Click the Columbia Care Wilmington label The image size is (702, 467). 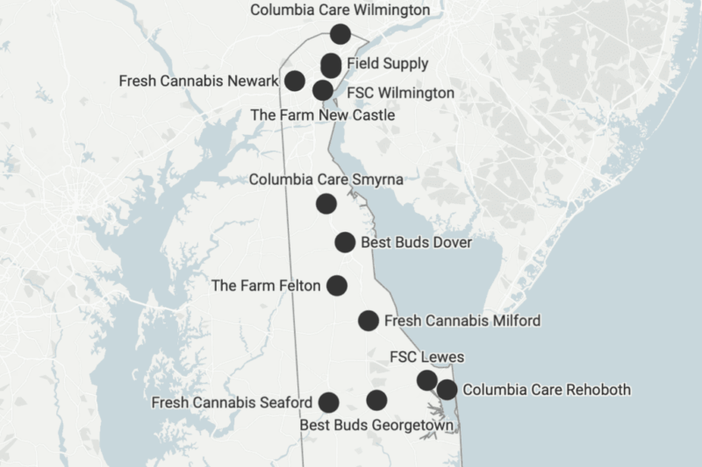click(x=340, y=11)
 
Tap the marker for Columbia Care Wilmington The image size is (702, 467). click(x=340, y=34)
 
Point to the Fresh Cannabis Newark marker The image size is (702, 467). click(x=295, y=81)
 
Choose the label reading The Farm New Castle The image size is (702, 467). click(x=322, y=115)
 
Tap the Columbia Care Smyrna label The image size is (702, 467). click(x=326, y=180)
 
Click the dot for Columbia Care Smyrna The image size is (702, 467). click(x=326, y=204)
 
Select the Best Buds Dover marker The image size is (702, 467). click(x=345, y=243)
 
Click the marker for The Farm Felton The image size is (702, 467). click(x=337, y=285)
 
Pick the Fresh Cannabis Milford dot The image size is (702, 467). click(x=369, y=321)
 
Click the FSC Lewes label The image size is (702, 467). click(x=426, y=357)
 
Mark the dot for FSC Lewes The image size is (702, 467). click(x=426, y=379)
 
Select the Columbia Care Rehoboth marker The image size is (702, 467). click(x=447, y=389)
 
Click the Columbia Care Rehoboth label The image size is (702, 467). click(x=546, y=389)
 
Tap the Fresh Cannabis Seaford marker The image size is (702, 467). click(x=329, y=402)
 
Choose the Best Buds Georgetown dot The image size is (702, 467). click(x=376, y=400)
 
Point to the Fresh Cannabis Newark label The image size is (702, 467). click(x=198, y=81)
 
